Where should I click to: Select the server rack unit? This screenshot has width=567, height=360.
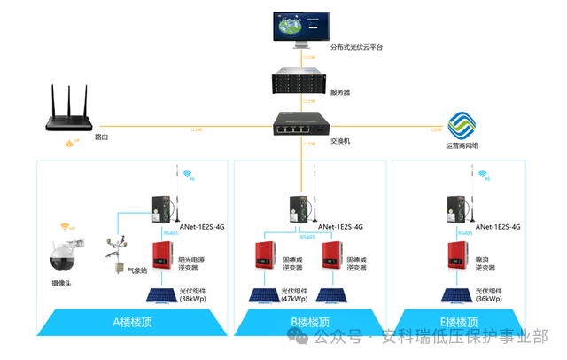point(302,82)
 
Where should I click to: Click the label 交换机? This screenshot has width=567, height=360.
point(342,140)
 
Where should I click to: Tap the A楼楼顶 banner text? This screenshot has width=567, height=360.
point(133,322)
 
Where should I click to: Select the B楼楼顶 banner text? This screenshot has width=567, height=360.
point(309,322)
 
